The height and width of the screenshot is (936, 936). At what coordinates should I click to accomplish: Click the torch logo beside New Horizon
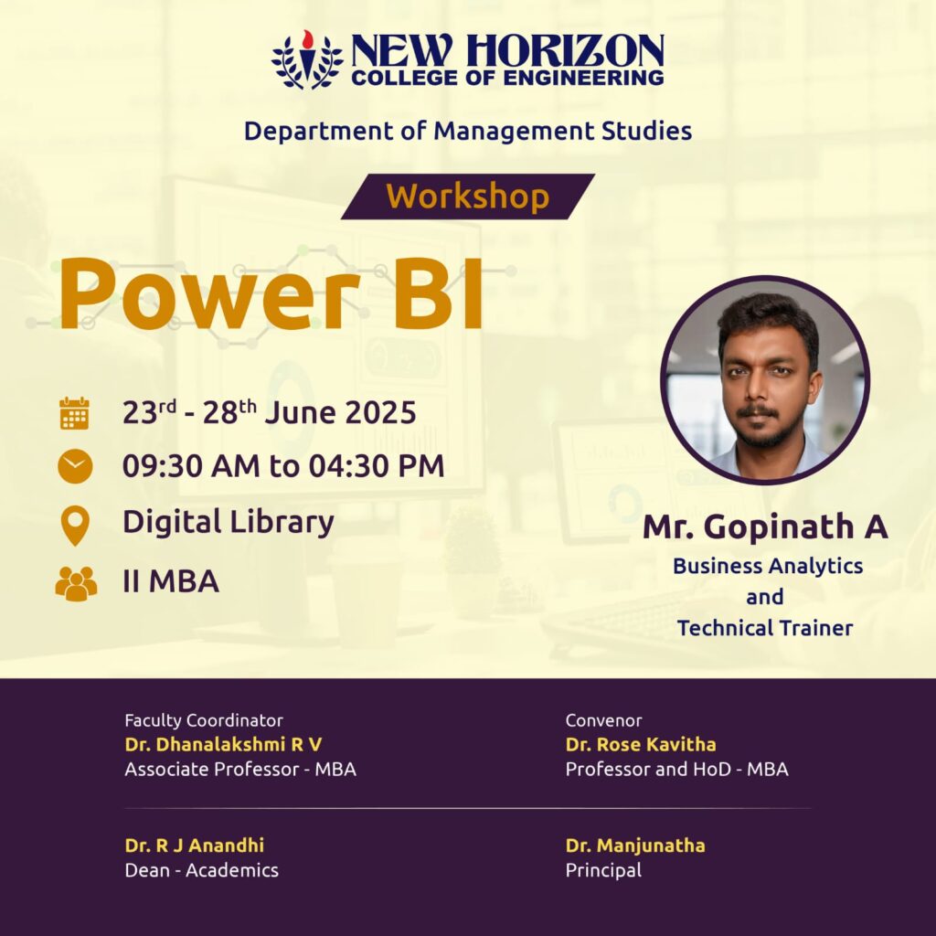coord(307,59)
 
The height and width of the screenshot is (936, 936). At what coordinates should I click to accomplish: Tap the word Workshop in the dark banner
coord(467,197)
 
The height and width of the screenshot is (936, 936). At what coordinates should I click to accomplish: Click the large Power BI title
coord(271,294)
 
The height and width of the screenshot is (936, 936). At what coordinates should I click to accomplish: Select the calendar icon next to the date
coord(75,413)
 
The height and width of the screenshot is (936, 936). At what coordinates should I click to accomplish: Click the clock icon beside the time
coord(75,466)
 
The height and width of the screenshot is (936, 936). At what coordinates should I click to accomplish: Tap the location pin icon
coord(75,526)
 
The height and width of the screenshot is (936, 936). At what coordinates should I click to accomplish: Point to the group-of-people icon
coord(76,583)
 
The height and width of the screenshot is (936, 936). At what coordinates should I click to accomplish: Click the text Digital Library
coord(228,522)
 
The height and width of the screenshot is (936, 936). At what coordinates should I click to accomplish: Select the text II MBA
coord(171,581)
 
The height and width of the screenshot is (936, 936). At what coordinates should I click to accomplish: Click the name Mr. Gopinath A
coord(765,526)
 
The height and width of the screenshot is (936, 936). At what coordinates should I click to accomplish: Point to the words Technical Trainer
coord(765,628)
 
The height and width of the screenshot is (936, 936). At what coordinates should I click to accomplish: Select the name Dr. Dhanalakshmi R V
coord(223,744)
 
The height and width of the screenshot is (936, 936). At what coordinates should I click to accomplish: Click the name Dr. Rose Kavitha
coord(641,744)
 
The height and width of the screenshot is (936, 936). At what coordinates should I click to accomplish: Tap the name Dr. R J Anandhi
coord(194,846)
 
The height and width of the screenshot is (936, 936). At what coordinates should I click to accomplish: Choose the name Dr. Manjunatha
coord(635,846)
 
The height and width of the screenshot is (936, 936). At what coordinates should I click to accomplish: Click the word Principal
coord(603,870)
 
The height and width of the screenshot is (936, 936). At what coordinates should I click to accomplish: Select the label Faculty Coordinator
coord(204,720)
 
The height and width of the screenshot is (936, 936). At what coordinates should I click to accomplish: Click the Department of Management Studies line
coord(468,132)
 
